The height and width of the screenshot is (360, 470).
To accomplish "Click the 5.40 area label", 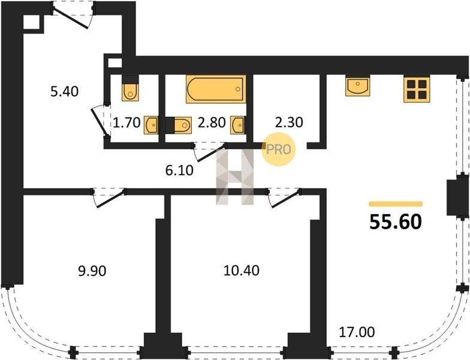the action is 65,91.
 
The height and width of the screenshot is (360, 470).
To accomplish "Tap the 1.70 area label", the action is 127,122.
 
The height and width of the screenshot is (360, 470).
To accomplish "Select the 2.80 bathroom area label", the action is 212,122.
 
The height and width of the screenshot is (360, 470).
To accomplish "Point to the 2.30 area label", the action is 289,122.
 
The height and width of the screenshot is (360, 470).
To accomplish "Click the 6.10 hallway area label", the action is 179,170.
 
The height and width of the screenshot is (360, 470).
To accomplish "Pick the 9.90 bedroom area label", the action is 92,271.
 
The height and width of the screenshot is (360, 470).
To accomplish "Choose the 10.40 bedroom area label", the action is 242,271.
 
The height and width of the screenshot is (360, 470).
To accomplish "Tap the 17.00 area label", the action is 357,332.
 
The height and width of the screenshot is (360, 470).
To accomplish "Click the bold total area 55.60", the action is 396,222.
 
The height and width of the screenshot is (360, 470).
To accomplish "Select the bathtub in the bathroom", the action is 216,89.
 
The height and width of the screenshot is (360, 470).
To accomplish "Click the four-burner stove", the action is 417,89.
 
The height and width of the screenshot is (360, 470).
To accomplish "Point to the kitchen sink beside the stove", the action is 357,86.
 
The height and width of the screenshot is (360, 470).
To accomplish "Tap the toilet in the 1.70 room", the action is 131,88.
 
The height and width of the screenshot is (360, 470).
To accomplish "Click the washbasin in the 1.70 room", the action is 151,125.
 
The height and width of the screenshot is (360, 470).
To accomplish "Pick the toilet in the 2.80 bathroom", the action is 179,125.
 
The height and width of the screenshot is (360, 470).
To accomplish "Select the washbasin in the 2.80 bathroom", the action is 237,125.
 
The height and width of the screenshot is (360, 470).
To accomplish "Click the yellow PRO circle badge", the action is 278,149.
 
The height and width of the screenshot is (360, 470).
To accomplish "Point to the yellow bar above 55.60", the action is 396,204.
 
